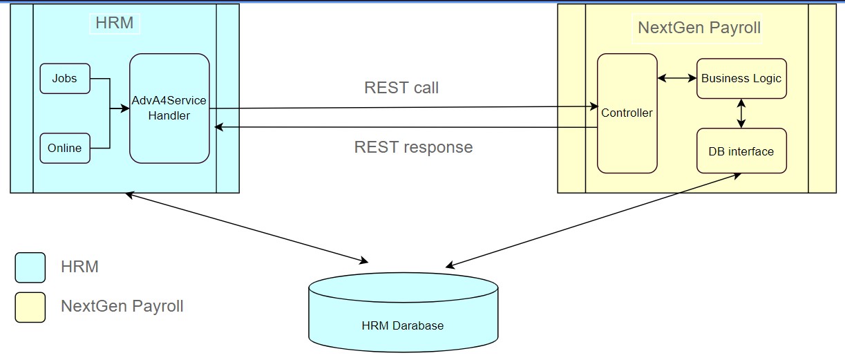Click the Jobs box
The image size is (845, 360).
click(65, 78)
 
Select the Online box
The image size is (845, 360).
click(65, 148)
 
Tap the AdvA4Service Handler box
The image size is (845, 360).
click(169, 108)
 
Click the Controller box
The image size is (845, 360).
click(627, 113)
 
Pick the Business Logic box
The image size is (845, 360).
click(741, 78)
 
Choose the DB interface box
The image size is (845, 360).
click(741, 151)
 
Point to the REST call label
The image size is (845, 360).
click(401, 88)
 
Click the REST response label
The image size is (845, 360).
click(413, 147)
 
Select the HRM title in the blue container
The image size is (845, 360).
click(115, 24)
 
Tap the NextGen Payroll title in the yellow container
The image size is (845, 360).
click(699, 28)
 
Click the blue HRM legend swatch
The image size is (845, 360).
click(30, 267)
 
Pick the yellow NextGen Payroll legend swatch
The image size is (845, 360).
click(30, 307)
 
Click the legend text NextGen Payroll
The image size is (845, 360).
click(122, 306)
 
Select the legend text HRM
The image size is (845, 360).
click(80, 267)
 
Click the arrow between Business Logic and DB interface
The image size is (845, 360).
click(741, 113)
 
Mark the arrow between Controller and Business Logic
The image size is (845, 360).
click(677, 78)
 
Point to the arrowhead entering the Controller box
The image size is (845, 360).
click(593, 106)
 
